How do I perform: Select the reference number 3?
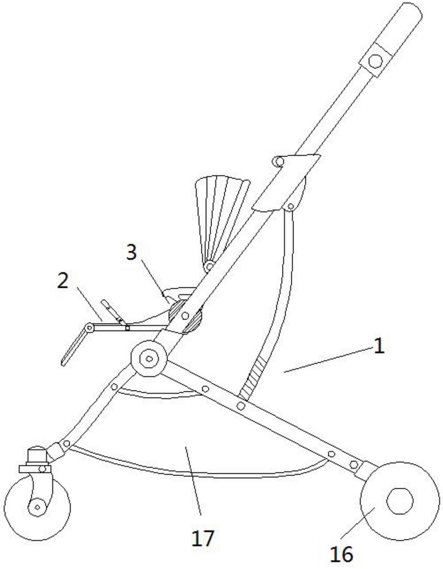pyautogui.click(x=131, y=252)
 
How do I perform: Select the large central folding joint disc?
pyautogui.click(x=149, y=359)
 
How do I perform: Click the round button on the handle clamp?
pyautogui.click(x=375, y=61)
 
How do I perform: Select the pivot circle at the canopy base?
pyautogui.click(x=209, y=266)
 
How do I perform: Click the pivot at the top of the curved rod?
pyautogui.click(x=291, y=207)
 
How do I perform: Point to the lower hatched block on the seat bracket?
pyautogui.click(x=193, y=320)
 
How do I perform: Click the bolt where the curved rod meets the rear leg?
pyautogui.click(x=241, y=406)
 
